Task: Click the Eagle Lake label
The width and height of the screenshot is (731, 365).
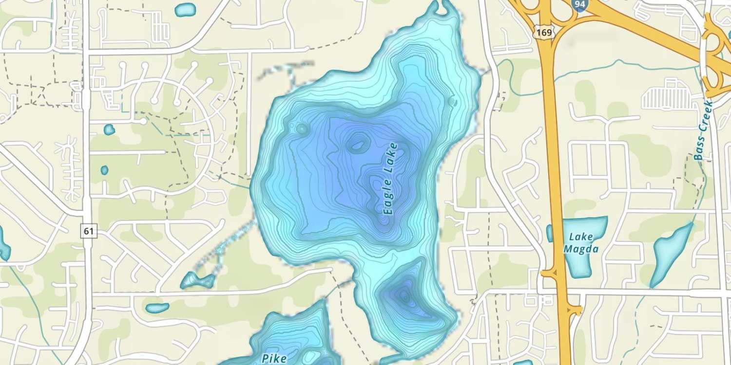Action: pos(390,179)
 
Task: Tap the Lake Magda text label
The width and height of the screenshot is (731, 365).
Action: pos(581,243)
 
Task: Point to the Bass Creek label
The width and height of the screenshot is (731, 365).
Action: pos(703,130)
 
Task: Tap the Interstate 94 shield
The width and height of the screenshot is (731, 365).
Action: pos(579,4)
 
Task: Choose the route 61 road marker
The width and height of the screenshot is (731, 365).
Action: pos(88,231)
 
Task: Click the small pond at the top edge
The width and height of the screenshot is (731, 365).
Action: pos(185,9)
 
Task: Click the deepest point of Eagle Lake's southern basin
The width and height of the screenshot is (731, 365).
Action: pos(404,295)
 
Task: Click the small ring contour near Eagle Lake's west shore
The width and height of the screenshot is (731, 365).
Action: pos(302,128)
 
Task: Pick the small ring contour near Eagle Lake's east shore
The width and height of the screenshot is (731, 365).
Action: pos(453,101)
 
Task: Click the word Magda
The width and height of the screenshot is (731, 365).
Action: pos(581,249)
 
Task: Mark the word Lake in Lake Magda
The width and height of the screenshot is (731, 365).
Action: pos(581,237)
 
